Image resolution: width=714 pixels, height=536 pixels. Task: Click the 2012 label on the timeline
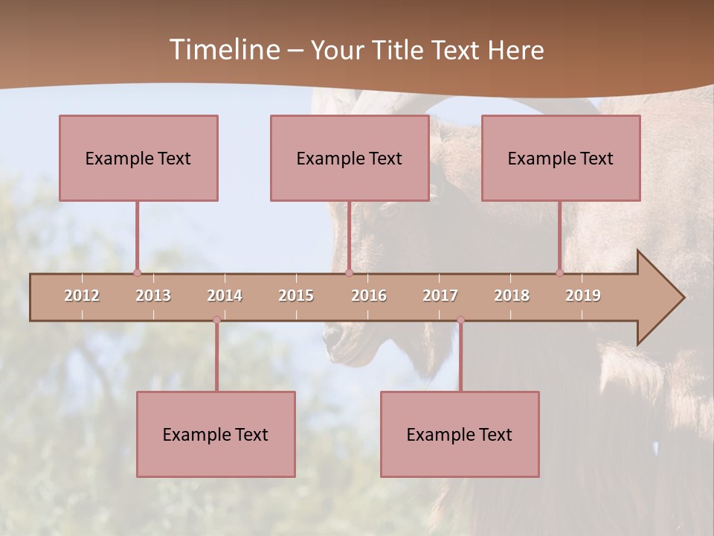click(x=82, y=296)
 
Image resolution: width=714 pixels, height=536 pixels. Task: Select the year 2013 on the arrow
click(x=153, y=296)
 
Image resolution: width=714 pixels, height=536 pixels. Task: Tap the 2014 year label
click(x=225, y=296)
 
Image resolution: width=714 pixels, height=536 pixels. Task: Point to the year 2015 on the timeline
click(x=296, y=296)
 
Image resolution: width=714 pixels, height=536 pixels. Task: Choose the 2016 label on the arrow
click(x=369, y=296)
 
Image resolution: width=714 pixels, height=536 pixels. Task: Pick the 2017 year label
click(x=440, y=296)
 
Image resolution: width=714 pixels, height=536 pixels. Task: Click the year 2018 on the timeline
click(x=512, y=296)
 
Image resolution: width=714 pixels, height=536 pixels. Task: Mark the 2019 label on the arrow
click(x=583, y=296)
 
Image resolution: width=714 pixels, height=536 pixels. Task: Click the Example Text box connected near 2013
click(x=138, y=158)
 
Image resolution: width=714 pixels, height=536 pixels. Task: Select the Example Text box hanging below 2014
click(x=216, y=434)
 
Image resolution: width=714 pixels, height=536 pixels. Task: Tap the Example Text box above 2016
click(x=350, y=158)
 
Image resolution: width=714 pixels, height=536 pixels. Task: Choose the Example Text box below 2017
click(x=460, y=434)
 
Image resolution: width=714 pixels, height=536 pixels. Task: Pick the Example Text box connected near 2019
click(x=561, y=158)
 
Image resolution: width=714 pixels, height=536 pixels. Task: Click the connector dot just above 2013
click(x=137, y=272)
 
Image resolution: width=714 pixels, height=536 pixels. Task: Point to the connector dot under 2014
click(x=216, y=320)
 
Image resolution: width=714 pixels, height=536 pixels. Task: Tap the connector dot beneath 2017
click(x=460, y=320)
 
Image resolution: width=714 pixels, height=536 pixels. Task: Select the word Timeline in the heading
click(x=223, y=50)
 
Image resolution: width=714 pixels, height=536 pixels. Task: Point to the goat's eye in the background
click(x=388, y=211)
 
